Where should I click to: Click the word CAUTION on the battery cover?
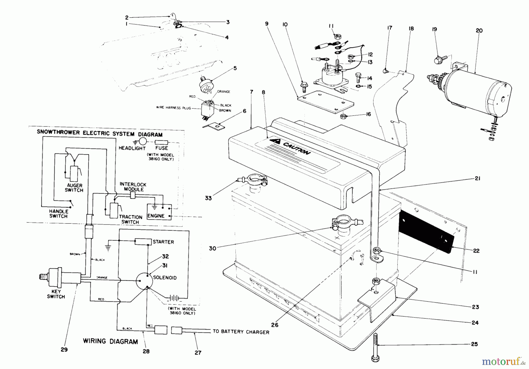pos(296,148)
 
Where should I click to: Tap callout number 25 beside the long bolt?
pos(474,344)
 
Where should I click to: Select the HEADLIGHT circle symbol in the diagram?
pos(143,141)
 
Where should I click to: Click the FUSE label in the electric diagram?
pos(162,148)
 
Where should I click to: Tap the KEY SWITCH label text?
pos(56,294)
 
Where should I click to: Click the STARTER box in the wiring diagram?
pos(143,242)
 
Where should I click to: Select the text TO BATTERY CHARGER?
pos(241,332)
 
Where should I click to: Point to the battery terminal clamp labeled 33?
pos(254,179)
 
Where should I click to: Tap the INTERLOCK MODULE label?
pos(133,187)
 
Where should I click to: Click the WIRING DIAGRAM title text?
pos(110,341)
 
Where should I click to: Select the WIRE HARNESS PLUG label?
pos(173,108)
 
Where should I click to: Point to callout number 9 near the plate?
pos(267,24)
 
